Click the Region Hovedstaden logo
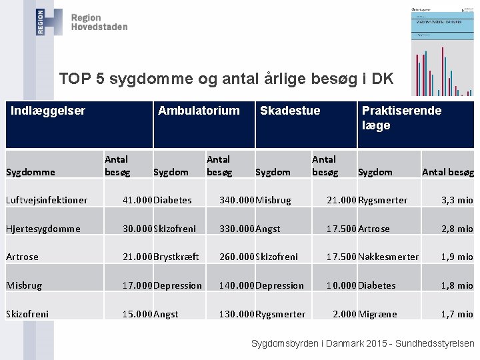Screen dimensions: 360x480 [81, 22]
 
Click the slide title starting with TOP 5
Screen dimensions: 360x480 [226, 79]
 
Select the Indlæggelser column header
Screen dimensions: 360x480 [48, 111]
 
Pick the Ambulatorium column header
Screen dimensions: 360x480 [199, 111]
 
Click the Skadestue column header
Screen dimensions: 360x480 [290, 111]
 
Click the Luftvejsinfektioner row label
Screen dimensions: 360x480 [47, 200]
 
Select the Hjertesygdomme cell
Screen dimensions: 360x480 [43, 229]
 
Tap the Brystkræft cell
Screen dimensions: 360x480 [176, 257]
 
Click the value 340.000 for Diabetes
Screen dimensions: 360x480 [237, 200]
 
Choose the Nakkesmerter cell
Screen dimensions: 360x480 [389, 257]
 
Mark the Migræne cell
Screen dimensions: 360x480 [377, 314]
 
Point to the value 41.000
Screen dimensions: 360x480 [137, 200]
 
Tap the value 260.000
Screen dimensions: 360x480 [237, 257]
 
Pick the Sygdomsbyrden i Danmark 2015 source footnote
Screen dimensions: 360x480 [362, 343]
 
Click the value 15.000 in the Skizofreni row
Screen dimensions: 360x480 [137, 314]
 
